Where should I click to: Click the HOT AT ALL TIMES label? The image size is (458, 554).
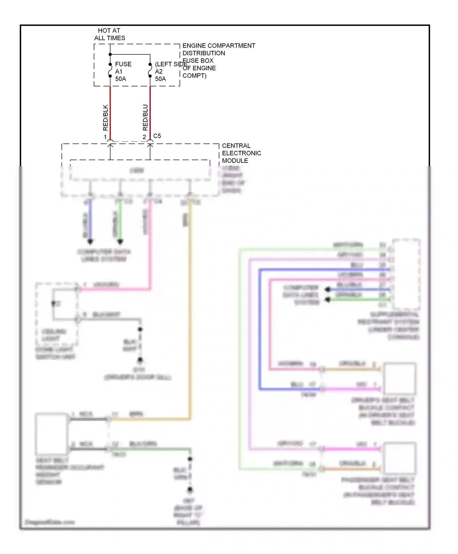tap(109, 34)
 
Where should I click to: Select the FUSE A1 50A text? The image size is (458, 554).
tap(123, 71)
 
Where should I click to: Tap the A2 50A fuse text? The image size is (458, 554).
tap(160, 75)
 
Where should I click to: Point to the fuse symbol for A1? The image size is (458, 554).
tap(110, 70)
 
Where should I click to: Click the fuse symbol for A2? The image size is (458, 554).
tap(150, 70)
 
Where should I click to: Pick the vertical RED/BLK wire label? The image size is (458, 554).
tap(105, 118)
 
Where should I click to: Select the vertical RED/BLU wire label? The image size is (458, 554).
tap(145, 118)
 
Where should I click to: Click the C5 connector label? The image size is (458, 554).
tap(157, 136)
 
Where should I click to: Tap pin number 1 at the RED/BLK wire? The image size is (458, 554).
tap(105, 137)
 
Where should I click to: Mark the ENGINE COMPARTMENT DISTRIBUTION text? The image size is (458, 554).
tap(219, 49)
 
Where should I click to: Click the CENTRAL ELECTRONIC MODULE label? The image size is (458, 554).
tap(241, 153)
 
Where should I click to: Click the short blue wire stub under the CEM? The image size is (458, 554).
tap(90, 221)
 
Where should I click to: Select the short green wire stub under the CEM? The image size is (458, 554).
tap(120, 221)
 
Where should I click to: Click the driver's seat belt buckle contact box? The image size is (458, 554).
tap(399, 379)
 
